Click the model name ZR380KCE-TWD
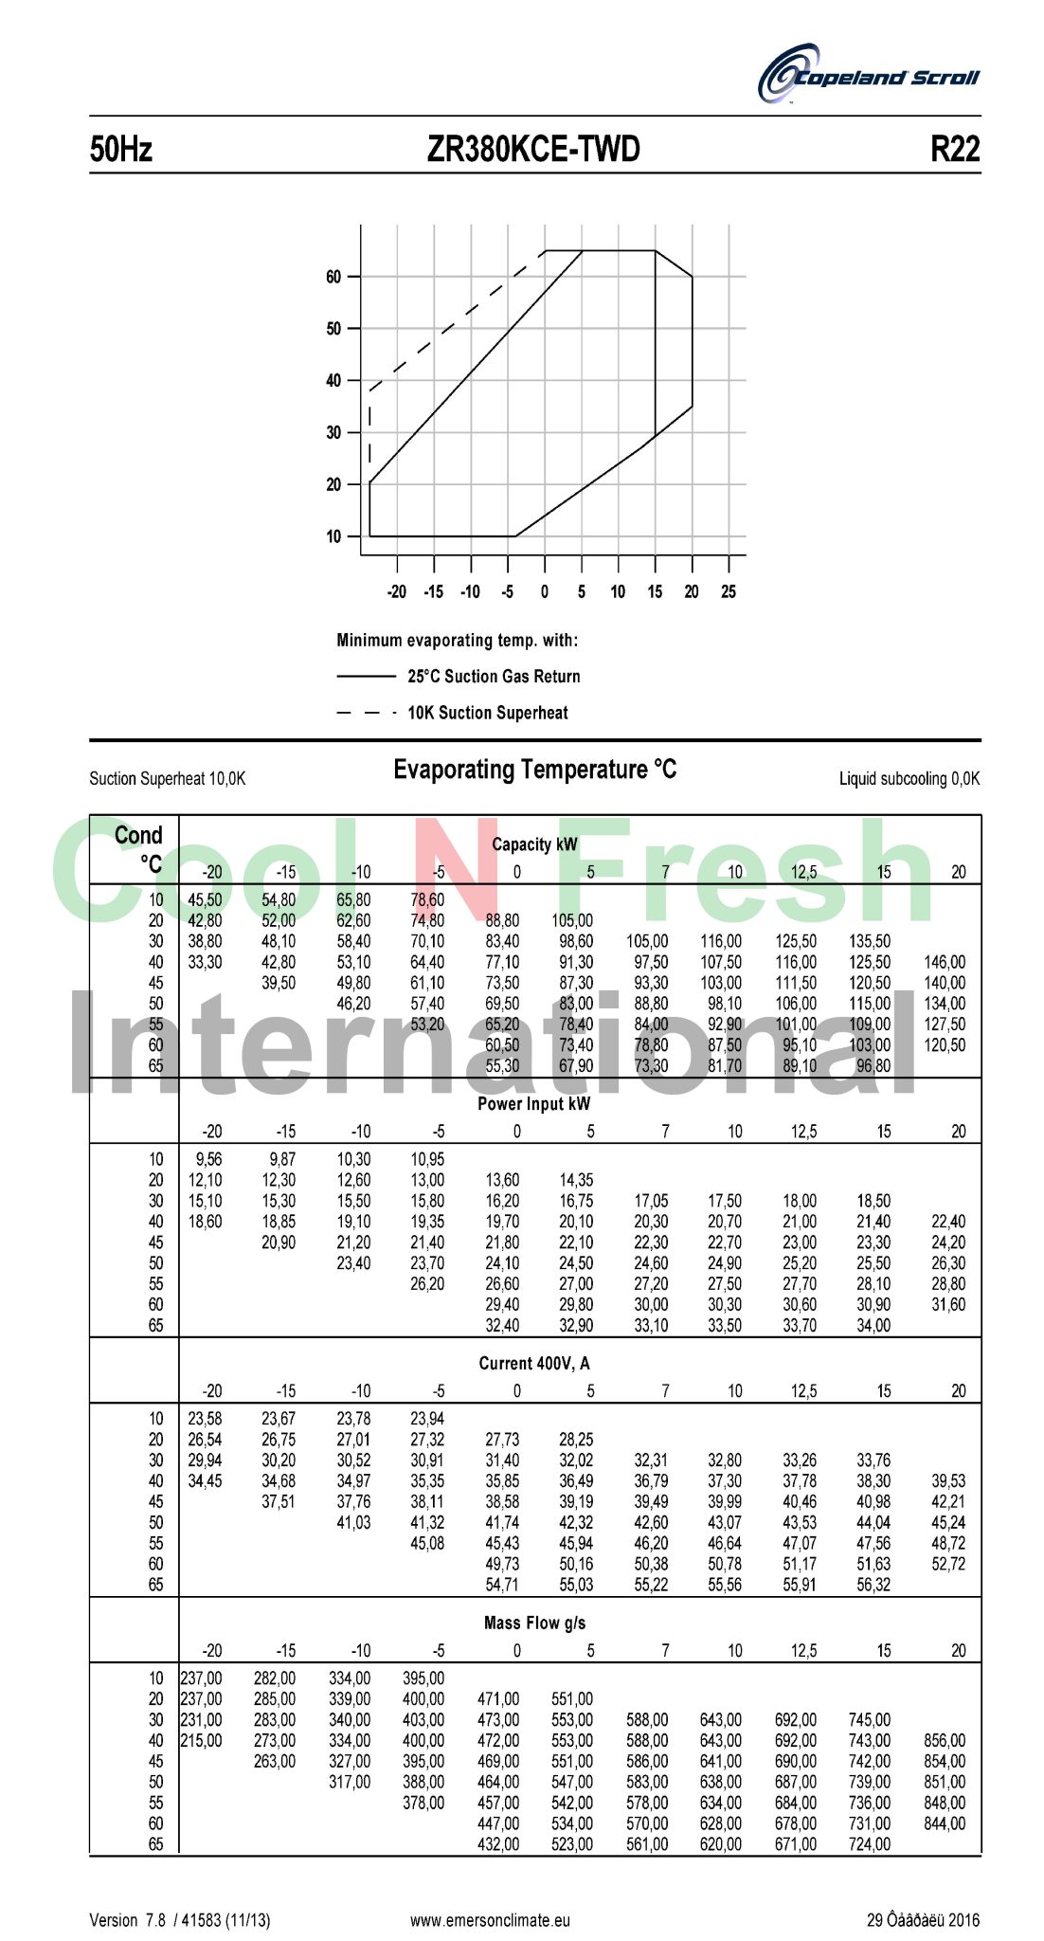[533, 149]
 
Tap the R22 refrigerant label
[954, 149]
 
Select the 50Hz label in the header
[120, 149]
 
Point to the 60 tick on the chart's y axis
[333, 277]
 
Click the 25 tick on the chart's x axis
[728, 591]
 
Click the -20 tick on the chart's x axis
[396, 591]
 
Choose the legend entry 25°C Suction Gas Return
[494, 676]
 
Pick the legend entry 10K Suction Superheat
[488, 713]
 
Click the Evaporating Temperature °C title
[534, 770]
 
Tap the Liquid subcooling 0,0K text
[909, 778]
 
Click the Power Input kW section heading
[533, 1103]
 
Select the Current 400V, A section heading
[533, 1363]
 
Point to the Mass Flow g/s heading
[534, 1623]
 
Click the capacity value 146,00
[945, 962]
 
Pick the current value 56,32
[873, 1585]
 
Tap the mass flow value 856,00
[945, 1740]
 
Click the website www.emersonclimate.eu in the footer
[490, 1920]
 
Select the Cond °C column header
[139, 848]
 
